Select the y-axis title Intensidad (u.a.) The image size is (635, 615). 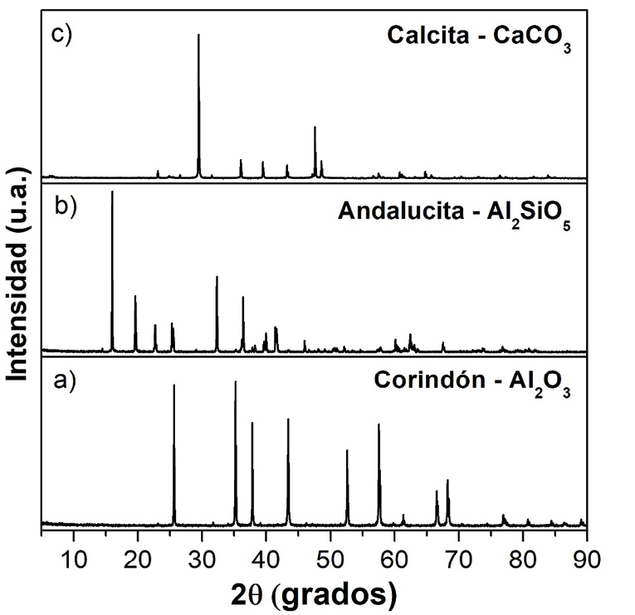click(18, 274)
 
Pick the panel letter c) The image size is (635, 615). click(63, 36)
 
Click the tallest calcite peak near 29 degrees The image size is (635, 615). click(198, 37)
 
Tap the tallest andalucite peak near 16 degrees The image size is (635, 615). click(112, 194)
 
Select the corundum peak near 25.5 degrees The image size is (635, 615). click(173, 387)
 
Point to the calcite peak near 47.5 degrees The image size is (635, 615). click(315, 128)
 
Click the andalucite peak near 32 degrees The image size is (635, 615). click(217, 278)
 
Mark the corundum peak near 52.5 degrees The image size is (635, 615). click(347, 453)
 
